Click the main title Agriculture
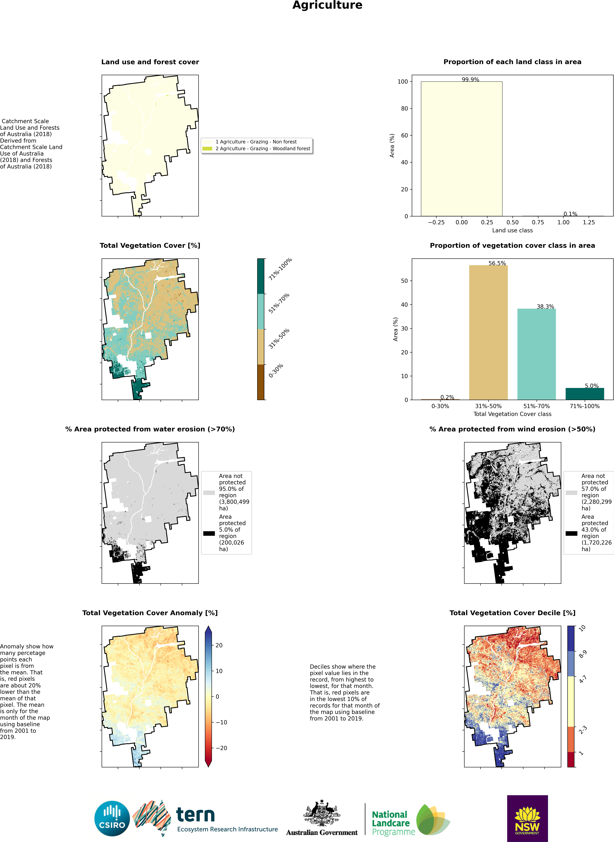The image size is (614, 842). tap(327, 5)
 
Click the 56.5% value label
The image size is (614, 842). tap(497, 263)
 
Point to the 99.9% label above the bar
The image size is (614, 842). tap(470, 80)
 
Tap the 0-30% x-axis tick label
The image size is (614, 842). tap(440, 406)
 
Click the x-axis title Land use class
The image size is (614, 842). tap(512, 230)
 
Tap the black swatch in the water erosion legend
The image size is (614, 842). tap(209, 533)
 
